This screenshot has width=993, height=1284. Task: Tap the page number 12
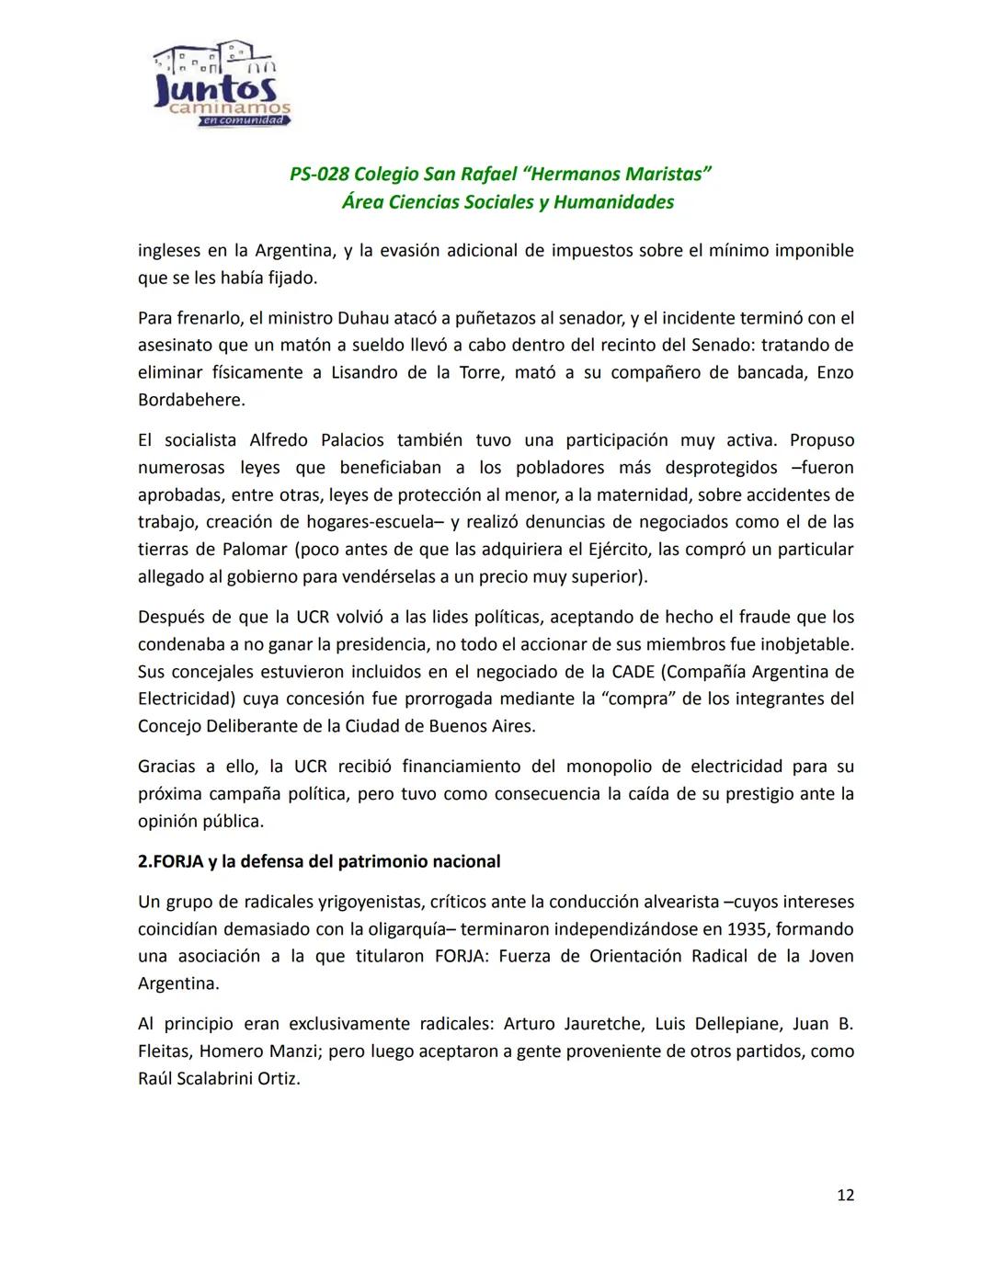pos(845,1195)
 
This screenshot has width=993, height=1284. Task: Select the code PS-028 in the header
pos(318,175)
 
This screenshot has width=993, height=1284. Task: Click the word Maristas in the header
pos(662,175)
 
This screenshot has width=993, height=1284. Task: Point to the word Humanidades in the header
pos(613,202)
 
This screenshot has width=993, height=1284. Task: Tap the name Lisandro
pos(364,372)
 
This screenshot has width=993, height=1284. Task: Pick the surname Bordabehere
pos(191,400)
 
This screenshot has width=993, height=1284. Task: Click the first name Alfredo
pos(279,440)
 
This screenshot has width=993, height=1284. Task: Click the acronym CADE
pos(634,671)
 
